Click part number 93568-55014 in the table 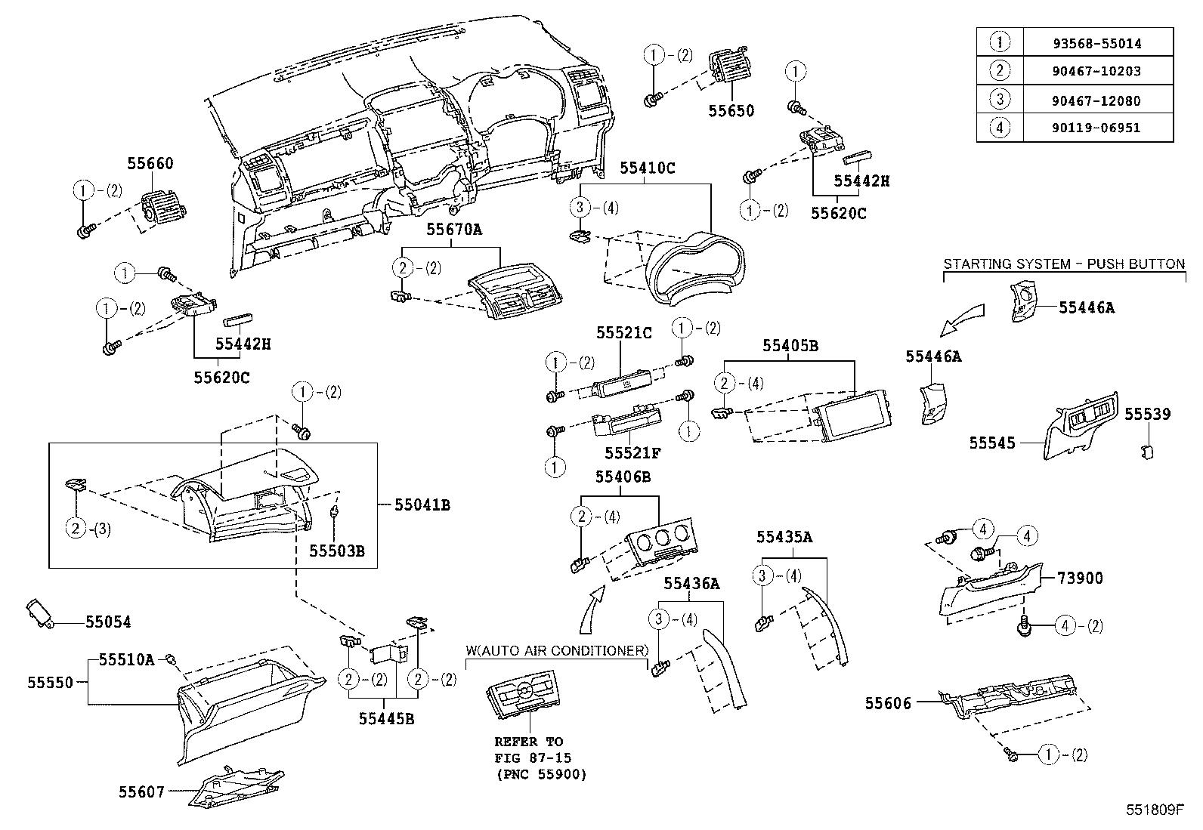pos(1096,43)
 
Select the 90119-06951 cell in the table pos(1096,128)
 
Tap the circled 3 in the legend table pos(999,100)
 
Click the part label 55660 pos(150,163)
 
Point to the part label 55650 pos(731,111)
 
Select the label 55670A pos(450,229)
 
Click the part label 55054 pos(108,622)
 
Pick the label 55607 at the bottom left pos(141,792)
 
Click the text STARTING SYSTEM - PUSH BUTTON pos(1064,264)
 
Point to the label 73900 pos(1080,579)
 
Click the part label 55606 pos(888,703)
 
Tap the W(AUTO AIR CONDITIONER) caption pos(557,650)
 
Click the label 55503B pos(337,551)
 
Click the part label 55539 pos(1147,414)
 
